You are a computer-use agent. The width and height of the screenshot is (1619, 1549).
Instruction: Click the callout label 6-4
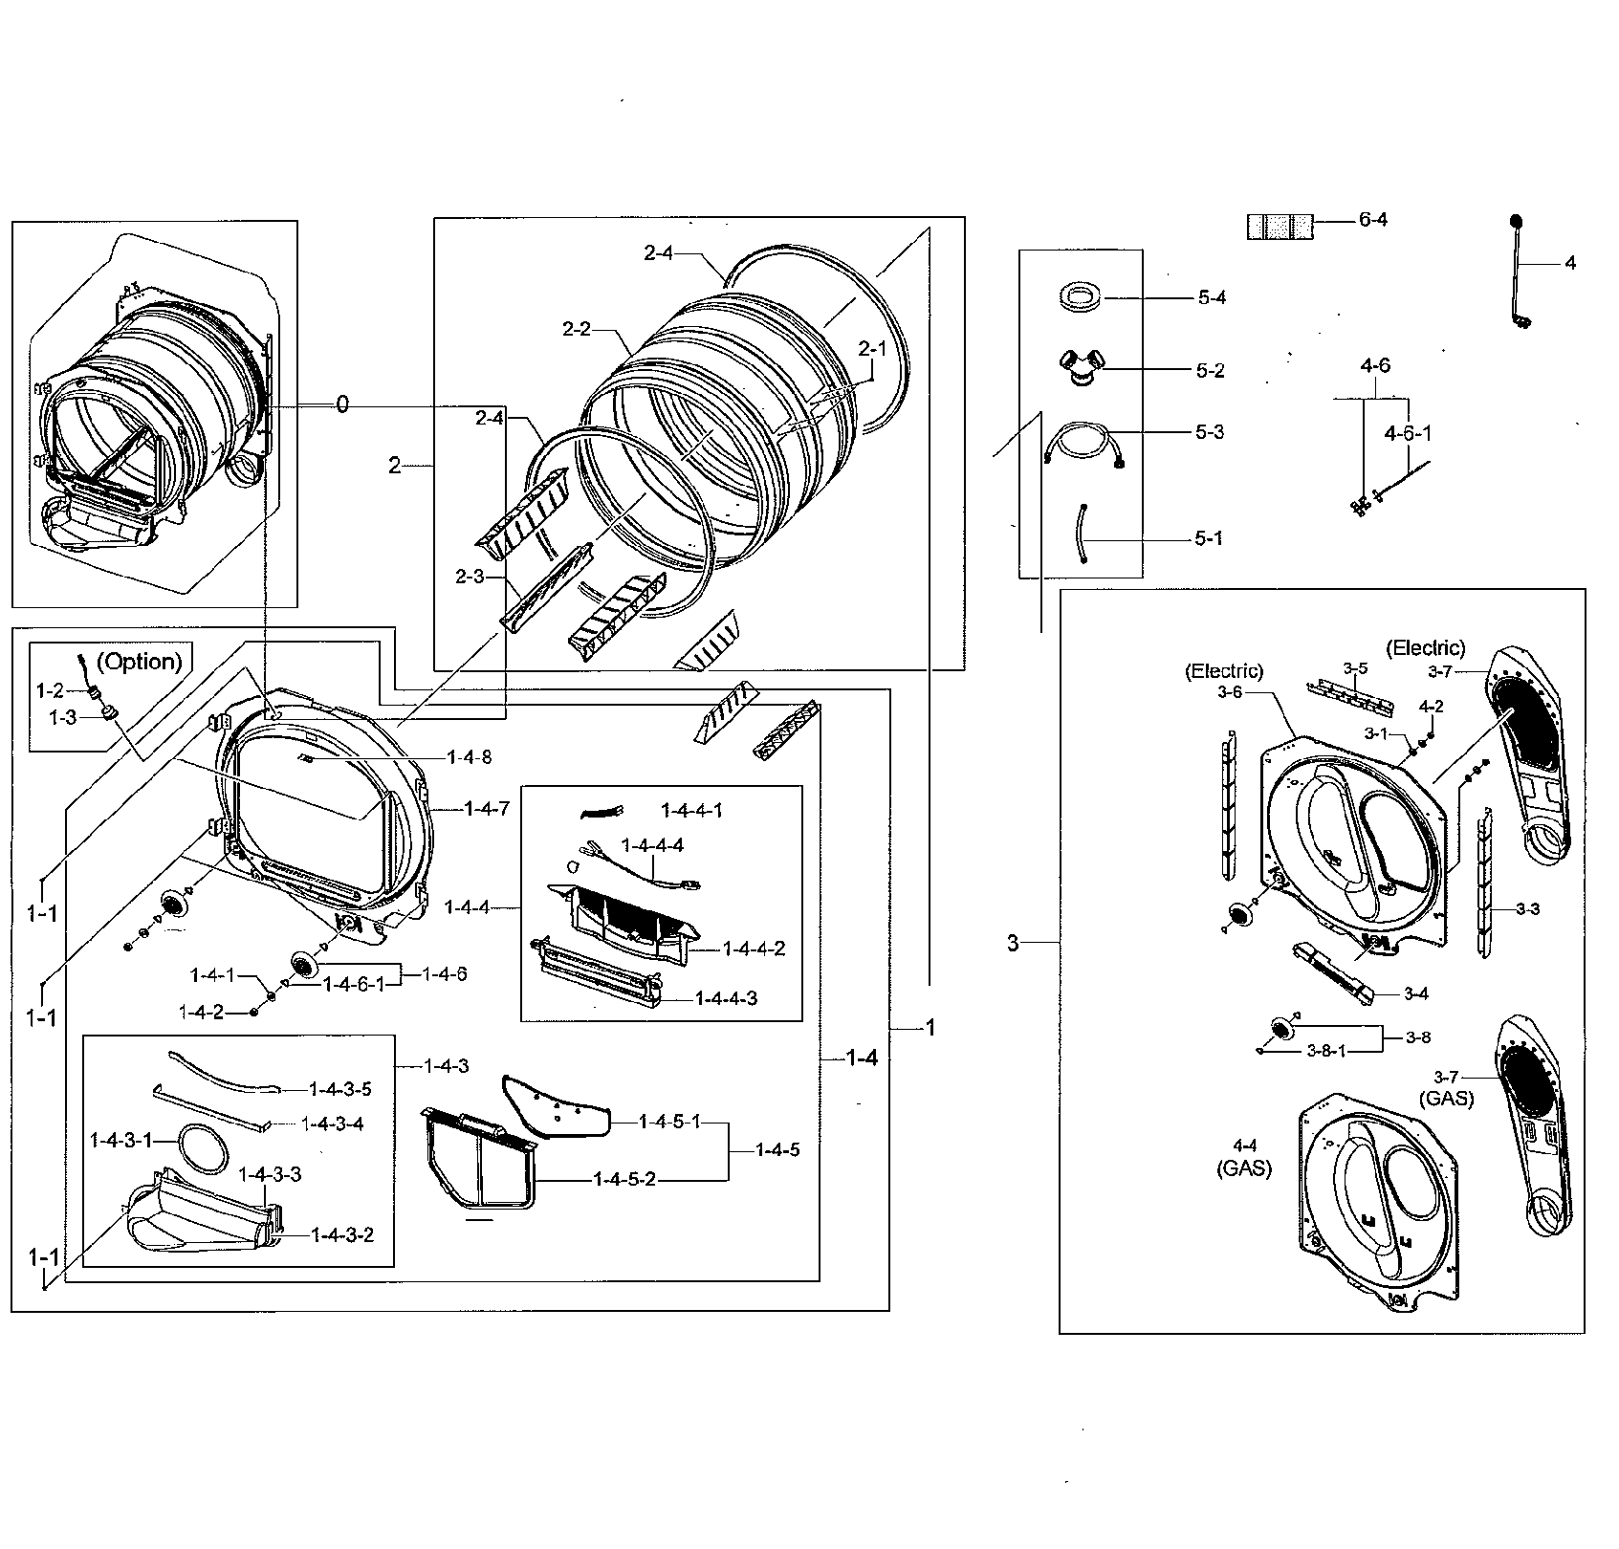click(x=1372, y=220)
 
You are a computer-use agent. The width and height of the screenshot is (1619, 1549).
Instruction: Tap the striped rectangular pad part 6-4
click(x=1279, y=227)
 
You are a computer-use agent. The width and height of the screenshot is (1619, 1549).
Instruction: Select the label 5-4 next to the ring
click(x=1211, y=298)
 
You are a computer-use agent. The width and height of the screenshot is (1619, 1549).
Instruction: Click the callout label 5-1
click(x=1208, y=538)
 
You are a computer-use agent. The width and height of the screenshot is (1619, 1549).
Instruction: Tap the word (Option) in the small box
click(x=141, y=662)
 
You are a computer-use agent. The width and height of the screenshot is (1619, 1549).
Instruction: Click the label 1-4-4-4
click(x=652, y=845)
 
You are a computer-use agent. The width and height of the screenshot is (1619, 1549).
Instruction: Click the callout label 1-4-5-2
click(x=624, y=1179)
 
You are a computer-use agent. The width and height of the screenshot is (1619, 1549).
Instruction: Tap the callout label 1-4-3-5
click(x=340, y=1088)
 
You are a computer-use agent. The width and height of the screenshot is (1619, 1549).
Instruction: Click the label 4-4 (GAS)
click(x=1244, y=1157)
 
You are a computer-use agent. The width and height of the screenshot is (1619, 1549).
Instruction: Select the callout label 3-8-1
click(x=1325, y=1051)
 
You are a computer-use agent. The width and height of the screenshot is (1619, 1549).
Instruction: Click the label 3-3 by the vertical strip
click(x=1527, y=909)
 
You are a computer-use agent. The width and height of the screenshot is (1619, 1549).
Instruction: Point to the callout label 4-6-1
click(x=1408, y=433)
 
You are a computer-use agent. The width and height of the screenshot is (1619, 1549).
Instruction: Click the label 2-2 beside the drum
click(x=577, y=330)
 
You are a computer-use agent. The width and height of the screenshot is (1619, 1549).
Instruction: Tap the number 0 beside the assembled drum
click(x=342, y=405)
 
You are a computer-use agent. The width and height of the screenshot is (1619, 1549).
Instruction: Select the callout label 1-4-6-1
click(x=353, y=984)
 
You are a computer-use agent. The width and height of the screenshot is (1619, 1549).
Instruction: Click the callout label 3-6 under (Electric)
click(x=1230, y=692)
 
